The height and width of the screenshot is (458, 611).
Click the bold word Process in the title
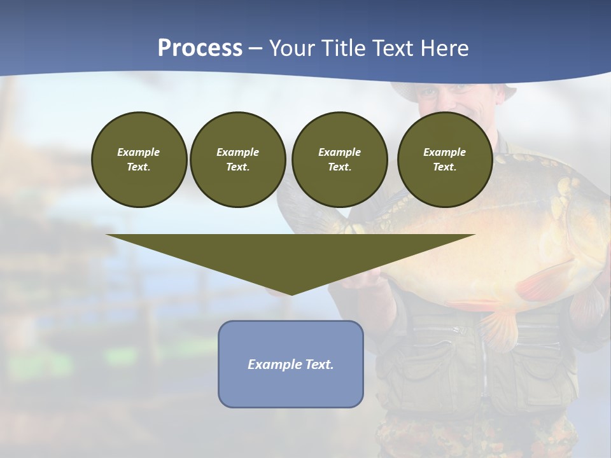200,48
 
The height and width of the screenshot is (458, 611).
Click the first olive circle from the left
139,160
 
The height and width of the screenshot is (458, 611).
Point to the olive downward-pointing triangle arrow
291,254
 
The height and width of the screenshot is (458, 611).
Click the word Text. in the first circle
139,167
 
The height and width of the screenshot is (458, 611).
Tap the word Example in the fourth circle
444,152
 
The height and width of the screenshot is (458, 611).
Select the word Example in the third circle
339,152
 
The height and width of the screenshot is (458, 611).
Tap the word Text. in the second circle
237,167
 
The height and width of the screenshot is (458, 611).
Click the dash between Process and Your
255,48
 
